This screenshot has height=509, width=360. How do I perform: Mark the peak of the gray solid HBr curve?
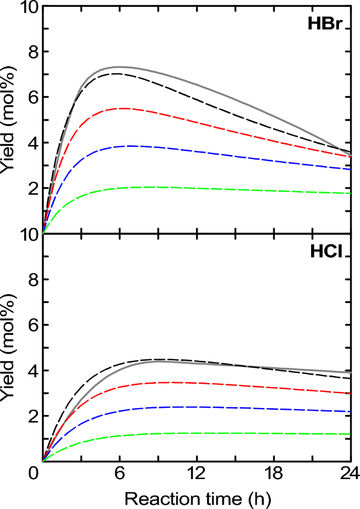pyautogui.click(x=119, y=67)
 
